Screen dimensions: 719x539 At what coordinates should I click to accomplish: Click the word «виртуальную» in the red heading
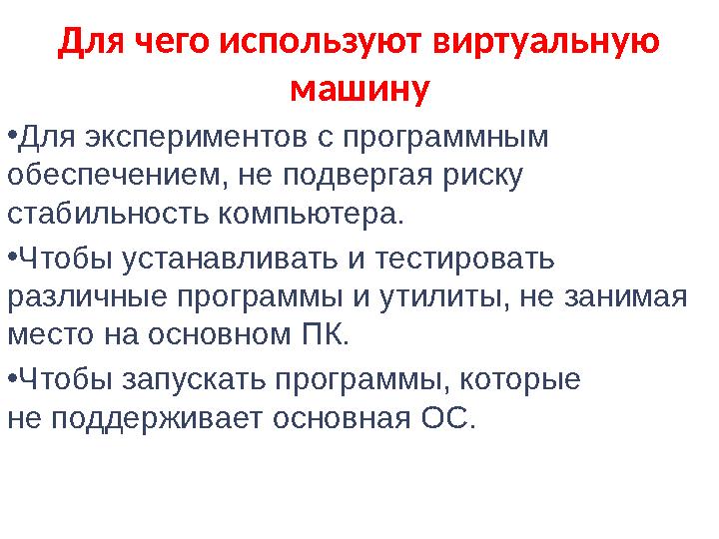click(x=546, y=42)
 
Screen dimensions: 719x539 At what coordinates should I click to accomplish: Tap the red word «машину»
click(x=360, y=89)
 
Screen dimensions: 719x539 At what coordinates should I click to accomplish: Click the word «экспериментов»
click(x=197, y=138)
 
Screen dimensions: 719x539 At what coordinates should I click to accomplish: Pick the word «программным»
click(x=445, y=138)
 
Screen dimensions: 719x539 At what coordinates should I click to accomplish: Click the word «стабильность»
click(x=108, y=214)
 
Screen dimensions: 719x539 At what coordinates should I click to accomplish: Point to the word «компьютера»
click(x=311, y=215)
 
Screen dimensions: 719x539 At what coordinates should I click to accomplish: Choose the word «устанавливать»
click(x=231, y=259)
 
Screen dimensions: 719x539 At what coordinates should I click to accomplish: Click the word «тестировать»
click(x=465, y=259)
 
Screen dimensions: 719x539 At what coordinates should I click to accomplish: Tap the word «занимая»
click(x=625, y=297)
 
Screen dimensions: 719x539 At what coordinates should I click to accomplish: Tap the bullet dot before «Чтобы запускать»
click(x=12, y=378)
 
